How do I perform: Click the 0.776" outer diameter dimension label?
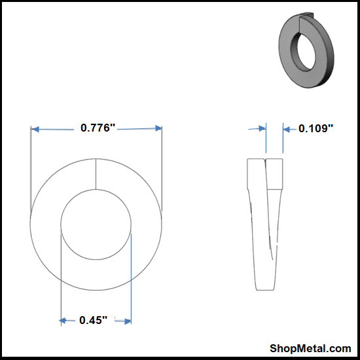98,128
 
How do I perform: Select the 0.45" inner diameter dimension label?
93,320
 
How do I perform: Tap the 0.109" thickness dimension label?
315,128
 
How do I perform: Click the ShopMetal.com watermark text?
310,348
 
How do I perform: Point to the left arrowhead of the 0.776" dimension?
35,129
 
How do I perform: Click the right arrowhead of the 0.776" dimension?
158,128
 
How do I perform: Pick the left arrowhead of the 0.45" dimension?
62,320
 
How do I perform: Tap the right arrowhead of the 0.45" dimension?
128,321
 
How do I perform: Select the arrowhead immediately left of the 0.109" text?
286,130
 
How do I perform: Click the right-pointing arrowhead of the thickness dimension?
262,128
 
